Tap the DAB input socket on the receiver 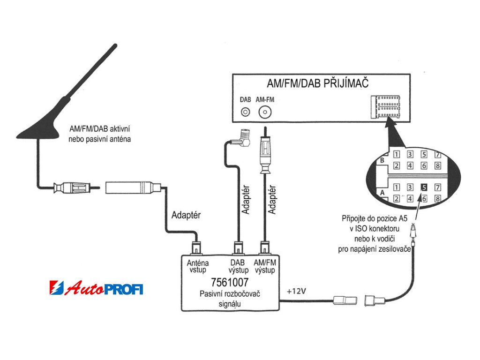click(246, 112)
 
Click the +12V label click(296, 291)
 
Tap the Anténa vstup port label click(197, 267)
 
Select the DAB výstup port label click(238, 267)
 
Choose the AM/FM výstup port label click(265, 267)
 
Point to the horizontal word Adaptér click(187, 216)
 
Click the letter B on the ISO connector click(382, 161)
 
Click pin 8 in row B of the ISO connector click(438, 165)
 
